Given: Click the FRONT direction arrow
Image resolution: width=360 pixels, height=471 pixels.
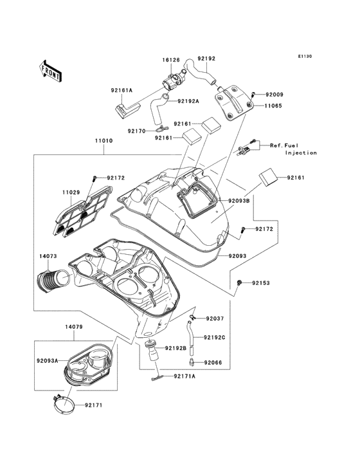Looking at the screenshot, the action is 50,71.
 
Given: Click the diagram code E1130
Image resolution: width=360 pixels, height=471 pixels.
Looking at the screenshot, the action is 305,56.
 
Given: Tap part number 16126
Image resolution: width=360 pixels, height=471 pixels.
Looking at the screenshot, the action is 171,60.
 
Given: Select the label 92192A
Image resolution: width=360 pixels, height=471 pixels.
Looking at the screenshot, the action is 188,101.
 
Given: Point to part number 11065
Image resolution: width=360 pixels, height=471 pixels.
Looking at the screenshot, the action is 273,106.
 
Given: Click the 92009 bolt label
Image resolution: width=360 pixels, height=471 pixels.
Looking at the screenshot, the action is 274,95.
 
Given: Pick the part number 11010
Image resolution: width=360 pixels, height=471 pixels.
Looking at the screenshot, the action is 104,140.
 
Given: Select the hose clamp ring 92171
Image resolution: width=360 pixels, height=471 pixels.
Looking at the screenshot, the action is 64,404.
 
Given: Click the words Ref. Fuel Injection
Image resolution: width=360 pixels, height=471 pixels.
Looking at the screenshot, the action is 293,149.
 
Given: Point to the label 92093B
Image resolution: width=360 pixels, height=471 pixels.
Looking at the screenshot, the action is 239,201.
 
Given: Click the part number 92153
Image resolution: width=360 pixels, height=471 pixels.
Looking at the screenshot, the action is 261,283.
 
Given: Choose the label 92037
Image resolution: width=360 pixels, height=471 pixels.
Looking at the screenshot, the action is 215,319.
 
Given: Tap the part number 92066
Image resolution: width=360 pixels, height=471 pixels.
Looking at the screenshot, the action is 213,362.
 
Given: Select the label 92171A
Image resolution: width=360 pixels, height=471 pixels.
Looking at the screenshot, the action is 184,376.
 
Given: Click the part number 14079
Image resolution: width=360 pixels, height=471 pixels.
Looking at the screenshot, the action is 74,326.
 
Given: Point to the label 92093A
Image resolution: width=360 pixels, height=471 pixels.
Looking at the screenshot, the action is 48,360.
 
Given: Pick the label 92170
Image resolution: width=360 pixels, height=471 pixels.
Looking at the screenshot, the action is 136,131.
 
